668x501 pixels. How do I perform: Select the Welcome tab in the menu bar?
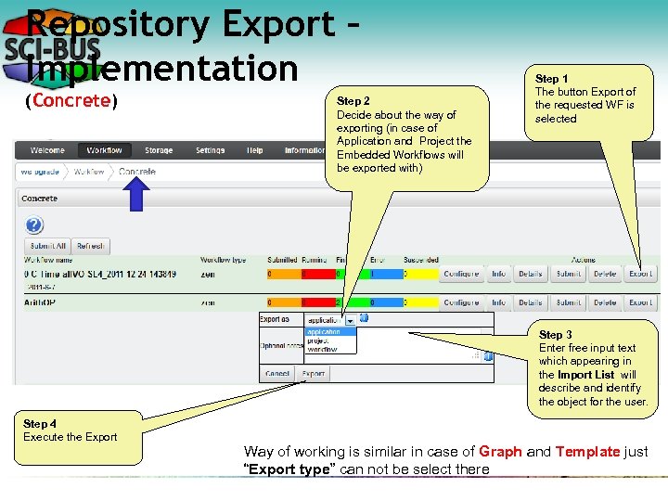point(47,150)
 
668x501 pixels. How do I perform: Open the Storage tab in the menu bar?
point(158,150)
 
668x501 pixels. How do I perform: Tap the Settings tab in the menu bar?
point(210,150)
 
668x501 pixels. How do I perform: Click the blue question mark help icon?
point(34,225)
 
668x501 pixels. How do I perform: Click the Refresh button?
point(90,247)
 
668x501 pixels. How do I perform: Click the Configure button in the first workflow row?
point(461,274)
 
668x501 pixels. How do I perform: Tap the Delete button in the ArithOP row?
point(604,302)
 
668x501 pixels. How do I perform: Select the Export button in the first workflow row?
point(640,274)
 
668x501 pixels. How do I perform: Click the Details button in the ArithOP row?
point(530,302)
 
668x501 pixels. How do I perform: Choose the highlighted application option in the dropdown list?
point(325,331)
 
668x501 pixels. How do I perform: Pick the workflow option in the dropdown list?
point(323,349)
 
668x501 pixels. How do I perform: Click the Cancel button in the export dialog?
point(277,373)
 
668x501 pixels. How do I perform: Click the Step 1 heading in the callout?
point(553,79)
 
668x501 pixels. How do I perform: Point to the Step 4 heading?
point(40,424)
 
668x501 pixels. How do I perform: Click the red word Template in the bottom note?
point(586,452)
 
